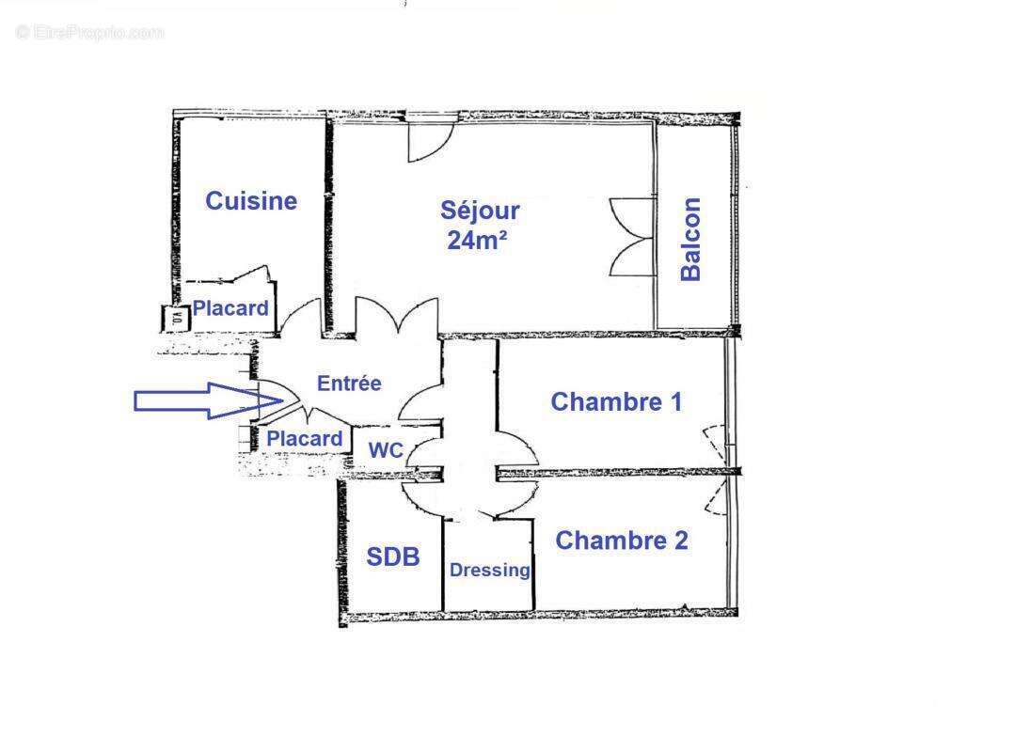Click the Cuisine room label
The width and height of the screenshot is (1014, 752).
pos(251,200)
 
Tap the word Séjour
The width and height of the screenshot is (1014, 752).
pos(480,211)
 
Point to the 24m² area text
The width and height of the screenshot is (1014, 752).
pos(477,241)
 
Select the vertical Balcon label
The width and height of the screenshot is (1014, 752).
pos(691,239)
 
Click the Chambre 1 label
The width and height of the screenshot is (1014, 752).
pos(616,402)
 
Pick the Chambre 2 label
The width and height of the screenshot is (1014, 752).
pos(621,540)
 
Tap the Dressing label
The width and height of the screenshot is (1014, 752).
pos(489,571)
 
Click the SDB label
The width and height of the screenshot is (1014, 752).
pos(392,557)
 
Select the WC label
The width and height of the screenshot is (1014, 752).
pos(386,451)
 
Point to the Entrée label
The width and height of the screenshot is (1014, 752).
pos(349,384)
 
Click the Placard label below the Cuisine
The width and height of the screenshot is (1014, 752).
pos(230,308)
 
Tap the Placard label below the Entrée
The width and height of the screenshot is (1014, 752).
pos(304,439)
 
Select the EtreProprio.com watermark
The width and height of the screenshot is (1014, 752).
pos(89,33)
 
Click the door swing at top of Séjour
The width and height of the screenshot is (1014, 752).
pos(429,139)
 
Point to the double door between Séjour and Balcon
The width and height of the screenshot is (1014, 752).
pos(632,237)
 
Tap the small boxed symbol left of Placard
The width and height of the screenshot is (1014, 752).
pos(176,319)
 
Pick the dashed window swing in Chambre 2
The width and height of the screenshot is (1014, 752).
pos(718,496)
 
